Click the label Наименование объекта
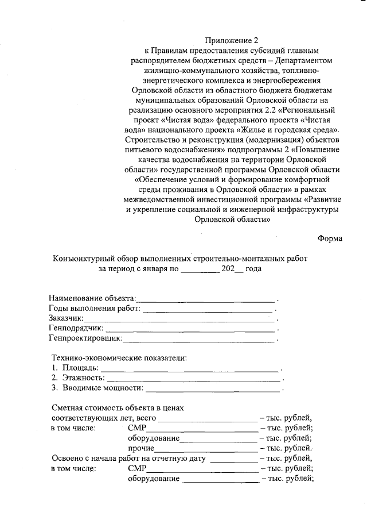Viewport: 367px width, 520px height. coord(92,298)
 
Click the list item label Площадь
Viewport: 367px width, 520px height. coord(80,367)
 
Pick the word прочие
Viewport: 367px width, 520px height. coord(141,448)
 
